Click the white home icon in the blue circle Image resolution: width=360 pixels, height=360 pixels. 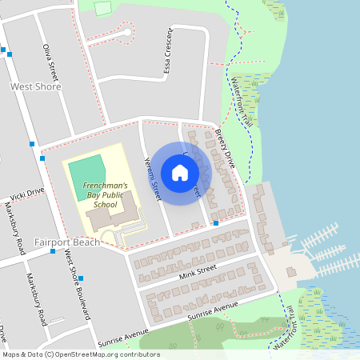point(180,173)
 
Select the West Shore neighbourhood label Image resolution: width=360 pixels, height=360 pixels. point(35,86)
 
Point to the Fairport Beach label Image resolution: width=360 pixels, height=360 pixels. point(67,242)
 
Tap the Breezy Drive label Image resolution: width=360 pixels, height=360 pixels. point(227,147)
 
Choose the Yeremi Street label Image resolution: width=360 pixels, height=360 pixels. point(152,177)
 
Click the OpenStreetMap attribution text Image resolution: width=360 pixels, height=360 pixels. point(80,354)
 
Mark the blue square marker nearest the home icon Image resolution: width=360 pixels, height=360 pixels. point(216,223)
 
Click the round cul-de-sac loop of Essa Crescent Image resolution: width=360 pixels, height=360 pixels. point(126,33)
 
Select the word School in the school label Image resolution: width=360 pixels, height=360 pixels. point(106,203)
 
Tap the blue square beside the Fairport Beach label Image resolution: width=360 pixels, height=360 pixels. point(53,251)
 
